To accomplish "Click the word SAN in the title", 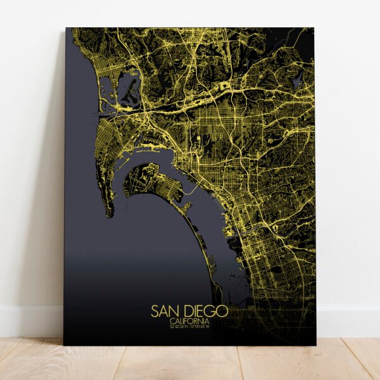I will [163, 311].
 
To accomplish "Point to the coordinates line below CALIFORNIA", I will [189, 327].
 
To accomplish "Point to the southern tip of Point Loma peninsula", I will [110, 214].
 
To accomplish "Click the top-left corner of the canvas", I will [66, 28].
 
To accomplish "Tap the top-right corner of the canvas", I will [314, 28].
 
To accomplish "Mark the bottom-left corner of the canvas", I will [64, 345].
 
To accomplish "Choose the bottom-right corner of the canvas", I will [315, 345].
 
